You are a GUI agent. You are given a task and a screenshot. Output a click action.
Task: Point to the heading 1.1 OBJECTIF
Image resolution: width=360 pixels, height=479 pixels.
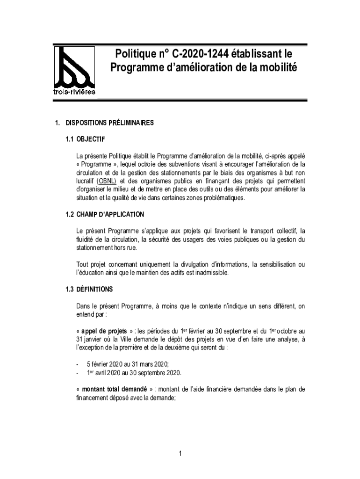[86, 139]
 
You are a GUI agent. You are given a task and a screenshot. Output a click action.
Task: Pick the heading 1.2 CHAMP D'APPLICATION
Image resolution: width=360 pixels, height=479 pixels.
[105, 214]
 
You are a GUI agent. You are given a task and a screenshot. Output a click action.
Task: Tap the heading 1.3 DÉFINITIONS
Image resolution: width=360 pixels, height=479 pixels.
[89, 289]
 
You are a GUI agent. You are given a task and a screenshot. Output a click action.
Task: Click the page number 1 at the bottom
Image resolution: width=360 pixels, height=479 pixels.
[180, 453]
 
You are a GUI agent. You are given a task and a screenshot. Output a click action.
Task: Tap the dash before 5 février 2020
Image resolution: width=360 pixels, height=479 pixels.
[77, 364]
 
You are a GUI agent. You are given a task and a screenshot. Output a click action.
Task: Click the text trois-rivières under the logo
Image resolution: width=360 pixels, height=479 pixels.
[74, 92]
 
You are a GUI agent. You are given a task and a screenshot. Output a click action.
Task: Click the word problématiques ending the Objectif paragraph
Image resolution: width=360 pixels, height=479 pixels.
[217, 198]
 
